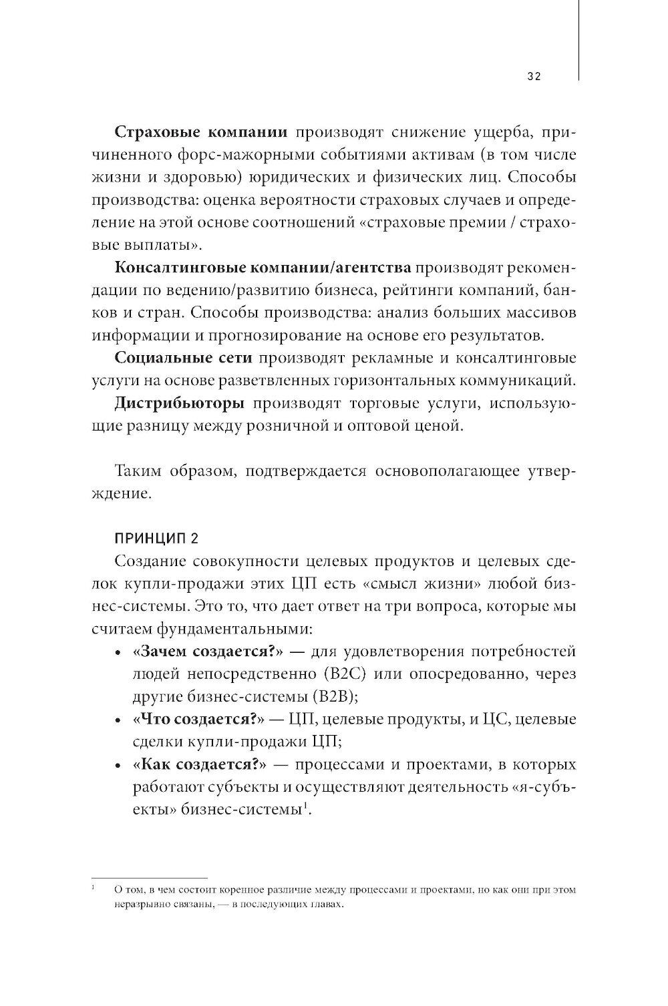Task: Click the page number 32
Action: click(533, 76)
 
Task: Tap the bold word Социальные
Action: click(151, 358)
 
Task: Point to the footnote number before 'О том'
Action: click(93, 887)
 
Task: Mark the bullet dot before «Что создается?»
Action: click(118, 721)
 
